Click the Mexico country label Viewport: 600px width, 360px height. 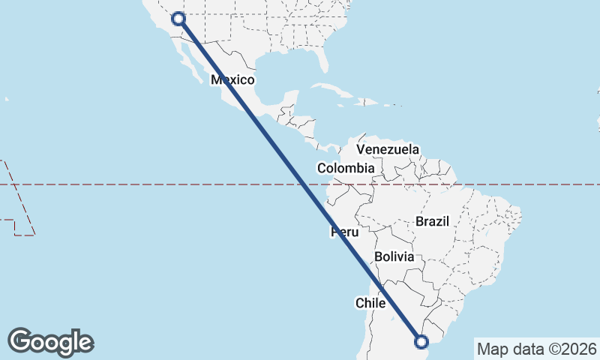tap(233, 80)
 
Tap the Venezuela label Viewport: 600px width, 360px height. tap(388, 149)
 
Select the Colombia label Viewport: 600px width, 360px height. tap(345, 169)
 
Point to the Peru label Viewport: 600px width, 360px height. tap(344, 232)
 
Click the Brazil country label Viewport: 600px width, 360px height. tap(431, 221)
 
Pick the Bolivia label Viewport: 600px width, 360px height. tap(394, 256)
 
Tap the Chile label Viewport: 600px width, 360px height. tap(370, 303)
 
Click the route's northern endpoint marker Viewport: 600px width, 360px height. tap(178, 19)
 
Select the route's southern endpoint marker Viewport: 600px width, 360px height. tap(421, 342)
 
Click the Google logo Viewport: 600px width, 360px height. tap(50, 341)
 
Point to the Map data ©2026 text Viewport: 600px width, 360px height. tap(536, 349)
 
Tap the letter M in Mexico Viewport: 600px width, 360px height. tap(216, 80)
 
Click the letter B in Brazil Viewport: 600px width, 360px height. tap(419, 221)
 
